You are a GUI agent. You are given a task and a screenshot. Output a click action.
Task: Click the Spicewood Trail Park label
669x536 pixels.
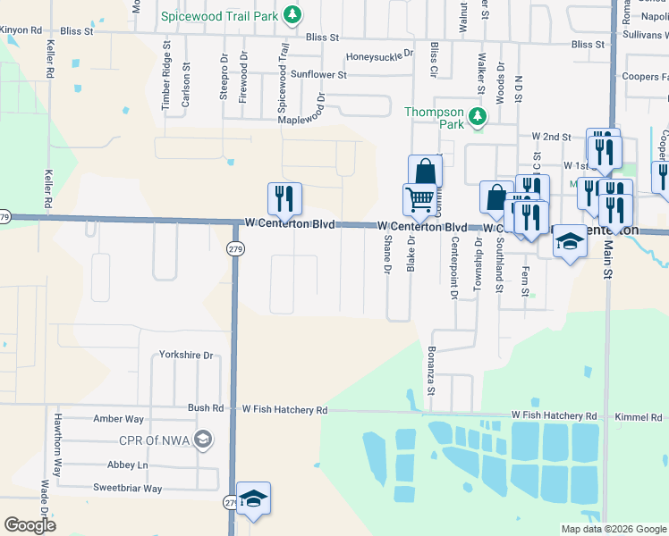coord(218,16)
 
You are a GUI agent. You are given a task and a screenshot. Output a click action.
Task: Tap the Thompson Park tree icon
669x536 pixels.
coord(478,116)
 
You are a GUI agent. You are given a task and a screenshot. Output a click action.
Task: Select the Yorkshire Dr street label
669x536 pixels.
coord(186,356)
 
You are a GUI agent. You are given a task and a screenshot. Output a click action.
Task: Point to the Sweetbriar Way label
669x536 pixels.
coord(127,489)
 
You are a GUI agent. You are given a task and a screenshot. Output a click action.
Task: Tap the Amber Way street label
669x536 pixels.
coord(118,419)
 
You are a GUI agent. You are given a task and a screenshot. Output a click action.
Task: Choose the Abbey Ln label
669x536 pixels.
coord(128,465)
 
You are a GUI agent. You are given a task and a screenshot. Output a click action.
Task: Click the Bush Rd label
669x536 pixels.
coord(206,408)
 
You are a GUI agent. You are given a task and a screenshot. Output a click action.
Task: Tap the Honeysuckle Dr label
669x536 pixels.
coord(380,54)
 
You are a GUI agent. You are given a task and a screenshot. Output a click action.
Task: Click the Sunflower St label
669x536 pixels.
coord(318,75)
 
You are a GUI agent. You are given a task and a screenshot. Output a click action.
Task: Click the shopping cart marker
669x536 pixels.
coord(419,199)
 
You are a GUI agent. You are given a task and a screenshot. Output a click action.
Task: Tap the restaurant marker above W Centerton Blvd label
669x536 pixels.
coord(284,198)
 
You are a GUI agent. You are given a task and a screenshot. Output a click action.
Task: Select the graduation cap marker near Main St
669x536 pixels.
coord(569,242)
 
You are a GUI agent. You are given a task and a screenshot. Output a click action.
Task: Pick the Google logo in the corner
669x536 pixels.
coord(30,525)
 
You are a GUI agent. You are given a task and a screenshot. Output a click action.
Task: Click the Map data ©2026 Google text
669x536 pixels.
coord(613,529)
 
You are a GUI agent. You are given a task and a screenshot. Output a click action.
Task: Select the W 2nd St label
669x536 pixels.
coord(551,137)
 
